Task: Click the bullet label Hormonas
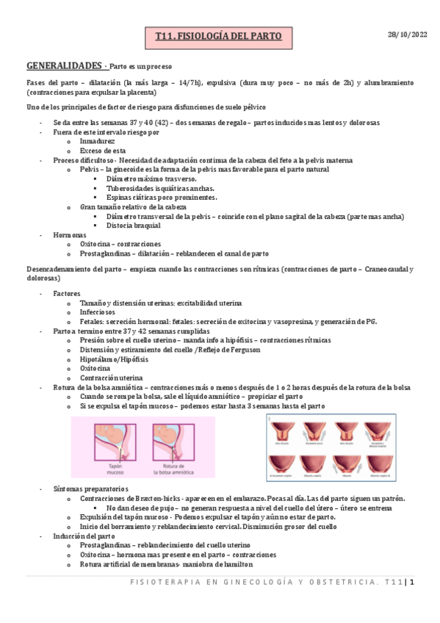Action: (x=71, y=234)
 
